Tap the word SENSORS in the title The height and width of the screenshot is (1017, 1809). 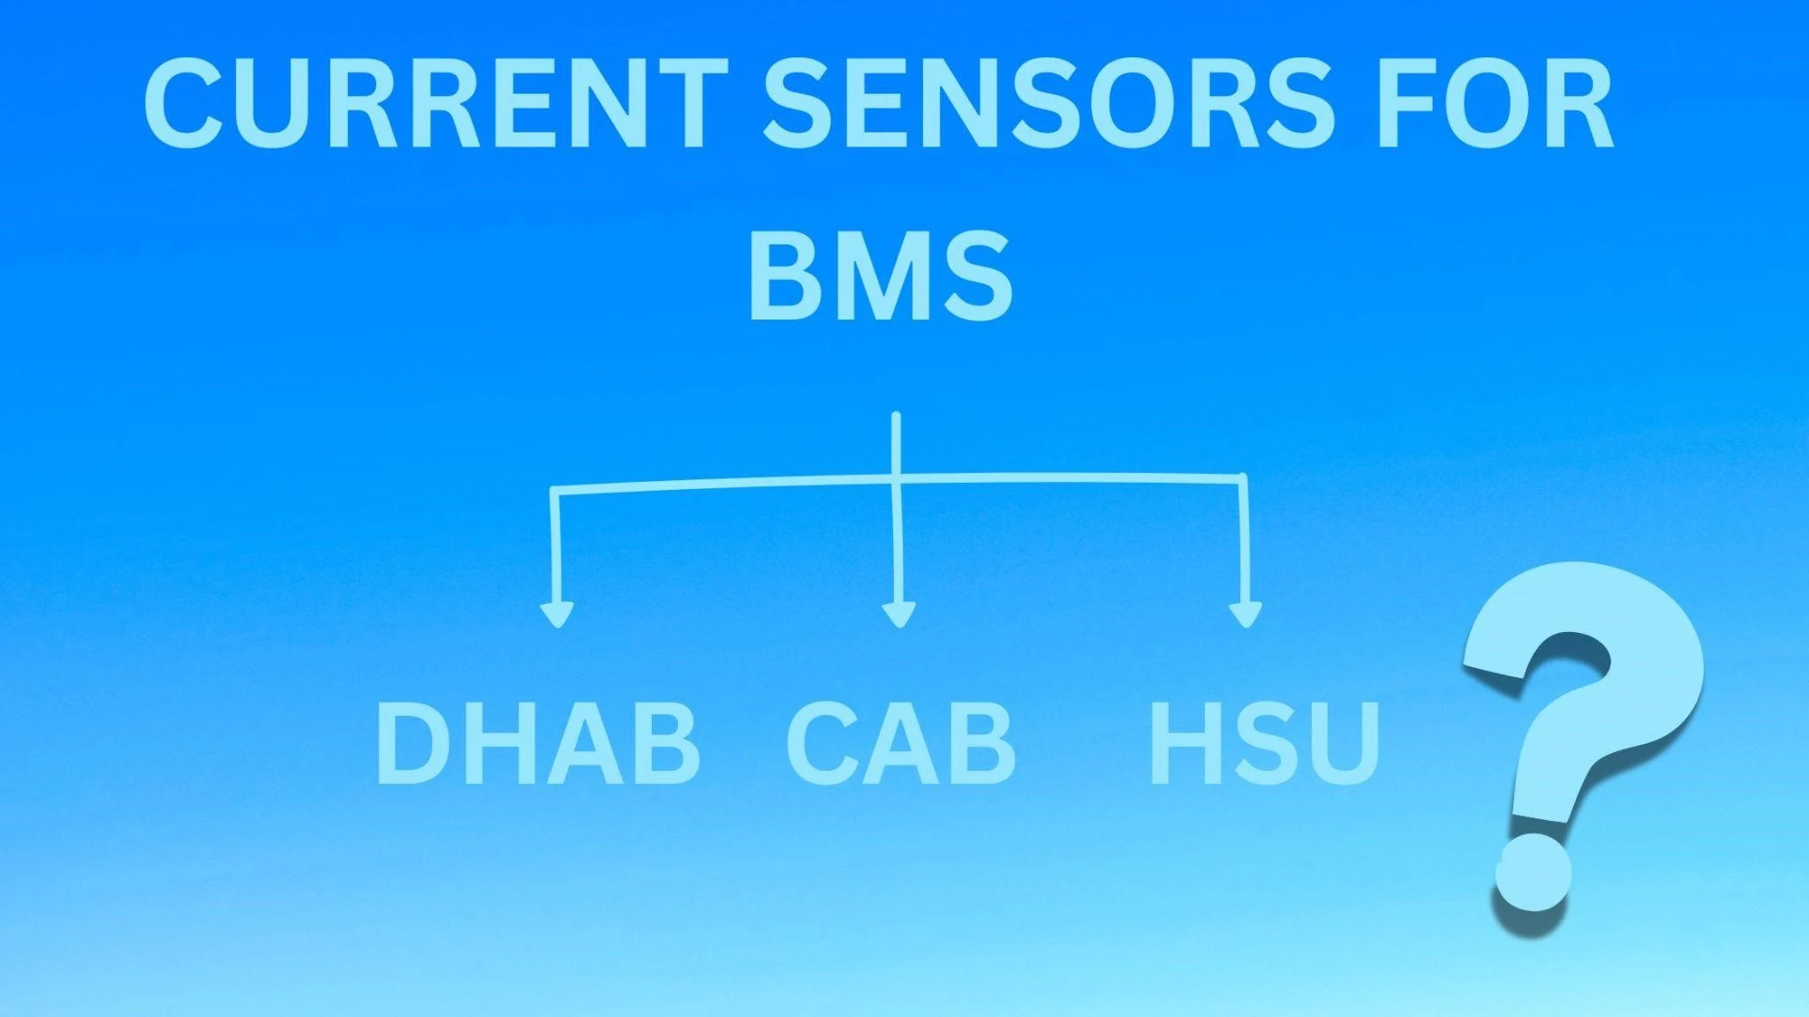pos(1049,103)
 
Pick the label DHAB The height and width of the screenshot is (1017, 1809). pos(538,742)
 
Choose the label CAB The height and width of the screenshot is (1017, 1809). pos(900,742)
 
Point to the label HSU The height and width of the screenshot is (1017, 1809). pos(1264,742)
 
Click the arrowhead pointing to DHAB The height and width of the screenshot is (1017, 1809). pos(556,614)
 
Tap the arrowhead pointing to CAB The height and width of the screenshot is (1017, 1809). pos(898,614)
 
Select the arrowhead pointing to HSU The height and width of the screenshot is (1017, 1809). pos(1245,614)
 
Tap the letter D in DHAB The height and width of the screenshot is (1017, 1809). pos(414,742)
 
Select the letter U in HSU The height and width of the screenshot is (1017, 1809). pos(1344,742)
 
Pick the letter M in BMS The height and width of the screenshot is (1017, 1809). pos(880,274)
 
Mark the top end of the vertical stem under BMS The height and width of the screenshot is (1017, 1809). pos(897,414)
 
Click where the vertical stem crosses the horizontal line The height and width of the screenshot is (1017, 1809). pos(897,478)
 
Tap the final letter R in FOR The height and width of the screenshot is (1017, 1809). pos(1578,103)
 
